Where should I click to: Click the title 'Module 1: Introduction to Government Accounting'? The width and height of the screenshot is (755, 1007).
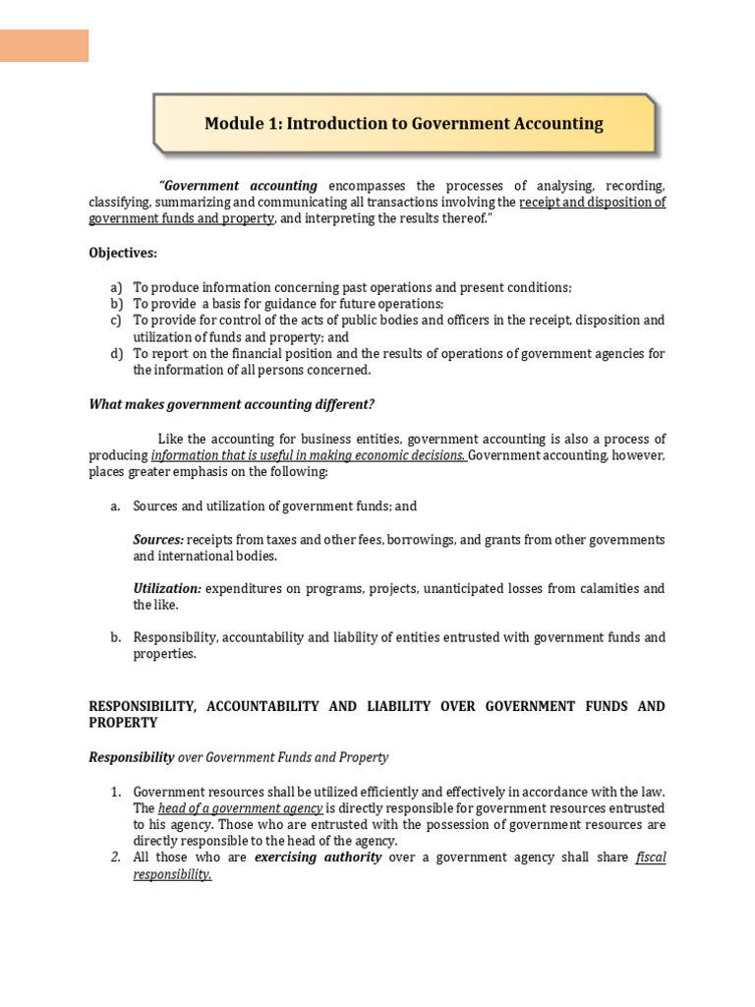click(x=403, y=124)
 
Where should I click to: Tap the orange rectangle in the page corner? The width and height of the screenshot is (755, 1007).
click(x=44, y=45)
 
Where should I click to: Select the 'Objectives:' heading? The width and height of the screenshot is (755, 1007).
click(x=123, y=253)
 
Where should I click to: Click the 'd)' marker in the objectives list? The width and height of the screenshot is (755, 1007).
click(x=117, y=354)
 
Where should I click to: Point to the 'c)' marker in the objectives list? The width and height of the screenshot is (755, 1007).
click(x=116, y=321)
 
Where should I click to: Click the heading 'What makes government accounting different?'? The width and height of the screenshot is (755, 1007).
click(x=232, y=404)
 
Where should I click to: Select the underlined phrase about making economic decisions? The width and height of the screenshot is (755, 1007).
click(x=309, y=455)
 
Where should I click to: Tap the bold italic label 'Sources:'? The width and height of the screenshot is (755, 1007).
click(x=158, y=540)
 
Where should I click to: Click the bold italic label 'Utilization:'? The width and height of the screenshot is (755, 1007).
click(x=167, y=588)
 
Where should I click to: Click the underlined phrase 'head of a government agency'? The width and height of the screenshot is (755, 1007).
click(x=240, y=808)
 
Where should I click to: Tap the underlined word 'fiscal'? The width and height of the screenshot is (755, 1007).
click(x=651, y=858)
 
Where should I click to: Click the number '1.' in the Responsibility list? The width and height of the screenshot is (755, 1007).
click(x=115, y=792)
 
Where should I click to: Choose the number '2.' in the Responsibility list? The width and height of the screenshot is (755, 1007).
click(x=115, y=858)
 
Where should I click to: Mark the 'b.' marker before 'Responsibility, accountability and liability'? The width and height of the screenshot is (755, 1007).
click(x=115, y=637)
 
